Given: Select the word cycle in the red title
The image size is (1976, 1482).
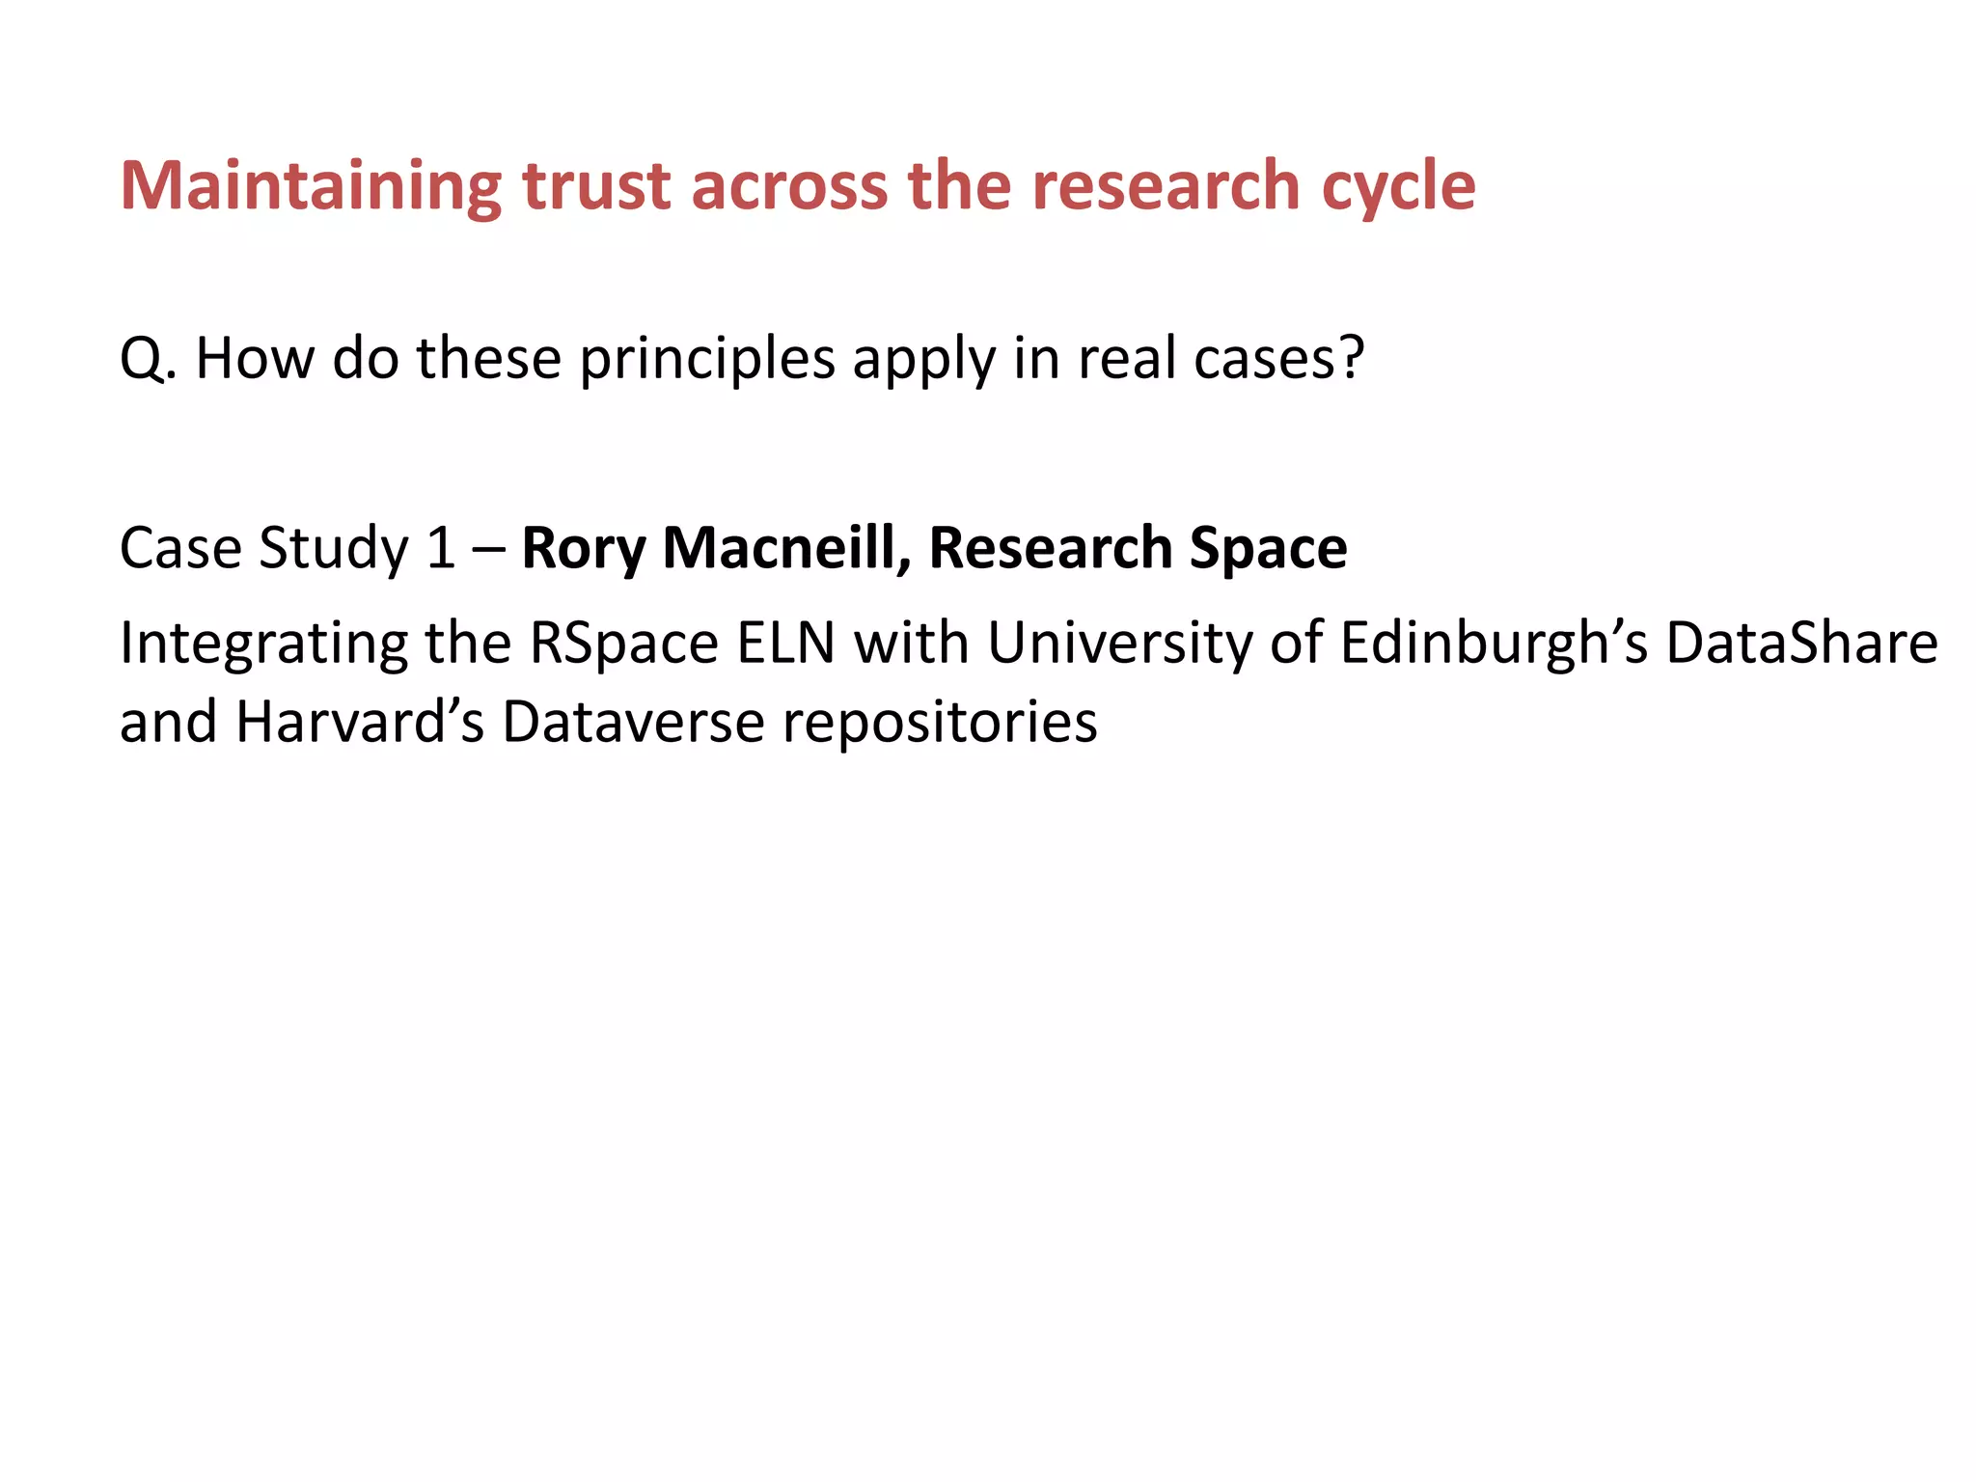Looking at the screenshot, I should (x=1398, y=185).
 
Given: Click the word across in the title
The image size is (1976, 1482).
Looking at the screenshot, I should (x=788, y=185).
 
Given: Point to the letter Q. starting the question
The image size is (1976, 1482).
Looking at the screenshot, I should (x=148, y=359).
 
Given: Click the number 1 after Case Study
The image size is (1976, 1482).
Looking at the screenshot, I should (x=441, y=548).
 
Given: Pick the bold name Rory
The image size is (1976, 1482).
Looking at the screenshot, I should (x=584, y=548).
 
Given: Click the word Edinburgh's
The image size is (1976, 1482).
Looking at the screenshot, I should (x=1495, y=644).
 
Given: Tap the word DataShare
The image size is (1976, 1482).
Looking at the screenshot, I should (x=1801, y=644).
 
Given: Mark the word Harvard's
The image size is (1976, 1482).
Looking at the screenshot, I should (x=360, y=722).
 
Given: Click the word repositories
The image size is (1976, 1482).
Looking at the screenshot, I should (x=940, y=722).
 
